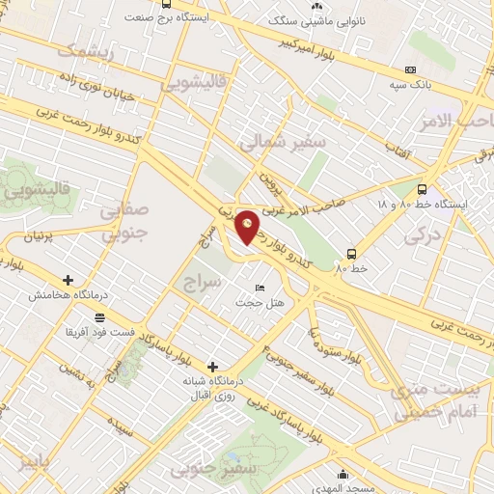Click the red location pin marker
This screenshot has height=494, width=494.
coord(248,227)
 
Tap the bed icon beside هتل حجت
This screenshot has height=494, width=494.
coord(258,288)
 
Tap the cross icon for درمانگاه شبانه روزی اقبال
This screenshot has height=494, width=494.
coord(212,366)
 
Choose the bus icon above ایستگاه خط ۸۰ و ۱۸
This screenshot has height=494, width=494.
coord(422,189)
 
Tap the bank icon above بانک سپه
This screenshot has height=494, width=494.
coord(410,69)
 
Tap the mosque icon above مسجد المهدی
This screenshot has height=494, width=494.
coord(343,473)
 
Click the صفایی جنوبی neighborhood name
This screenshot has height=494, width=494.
coord(126,220)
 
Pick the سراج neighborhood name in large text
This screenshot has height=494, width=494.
coord(203,281)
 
